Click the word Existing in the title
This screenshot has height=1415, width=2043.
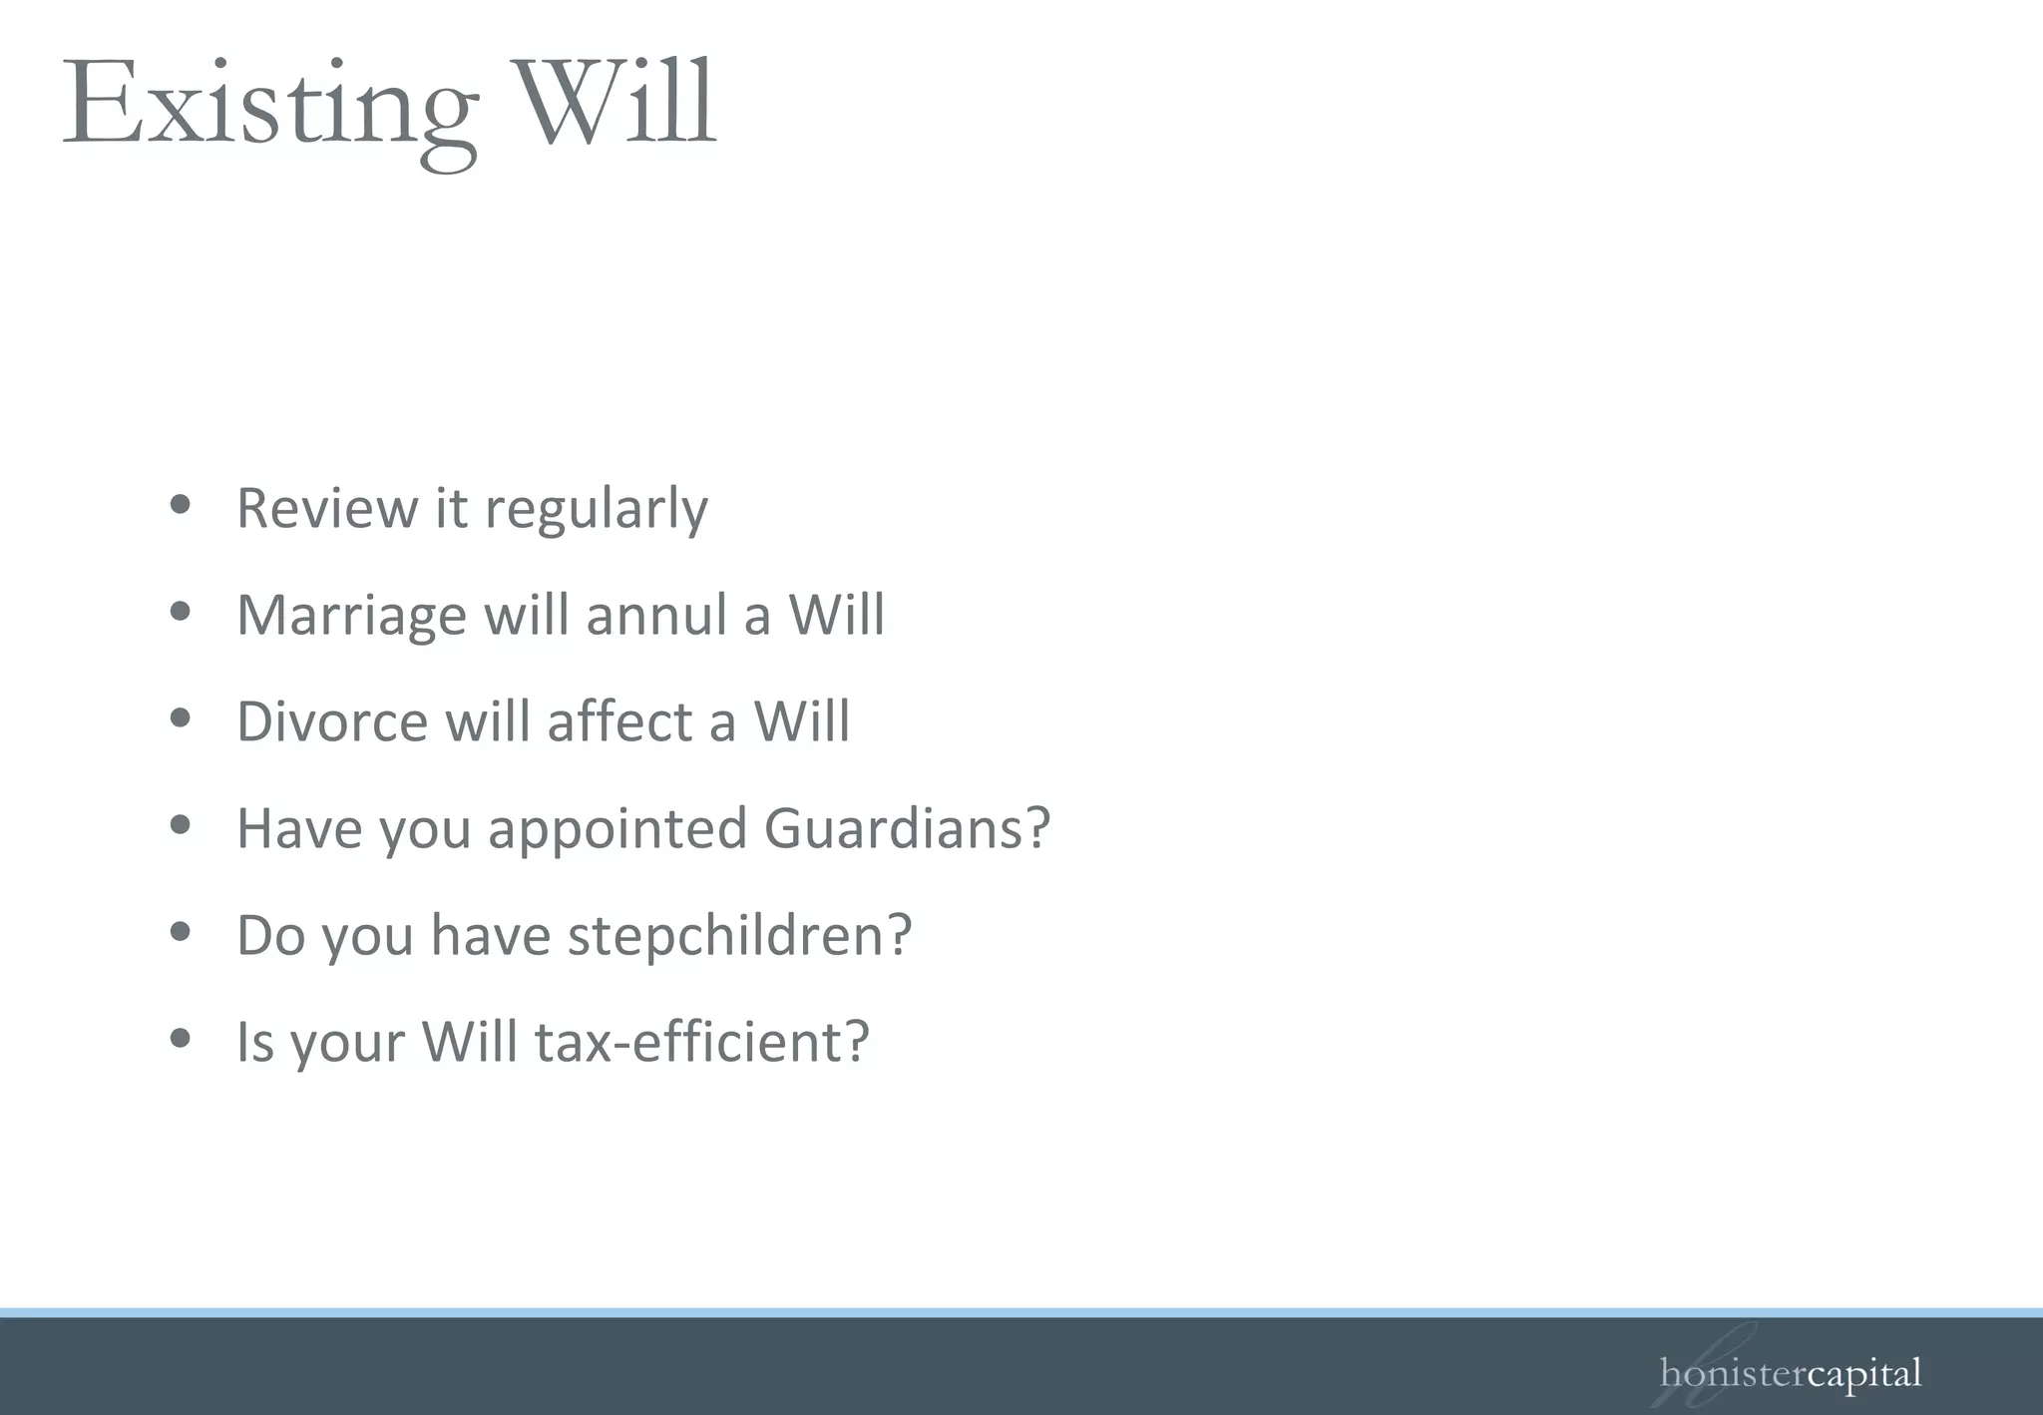[269, 106]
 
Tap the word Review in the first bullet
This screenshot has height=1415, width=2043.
[326, 508]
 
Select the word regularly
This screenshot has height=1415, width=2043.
[597, 511]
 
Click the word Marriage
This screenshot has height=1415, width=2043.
[351, 616]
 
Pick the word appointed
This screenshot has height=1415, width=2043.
[616, 830]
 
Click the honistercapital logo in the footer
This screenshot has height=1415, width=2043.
[1790, 1374]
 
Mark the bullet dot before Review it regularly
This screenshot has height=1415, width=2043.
[181, 504]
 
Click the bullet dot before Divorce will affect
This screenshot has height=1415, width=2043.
[181, 717]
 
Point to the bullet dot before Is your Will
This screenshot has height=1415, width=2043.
[181, 1038]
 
